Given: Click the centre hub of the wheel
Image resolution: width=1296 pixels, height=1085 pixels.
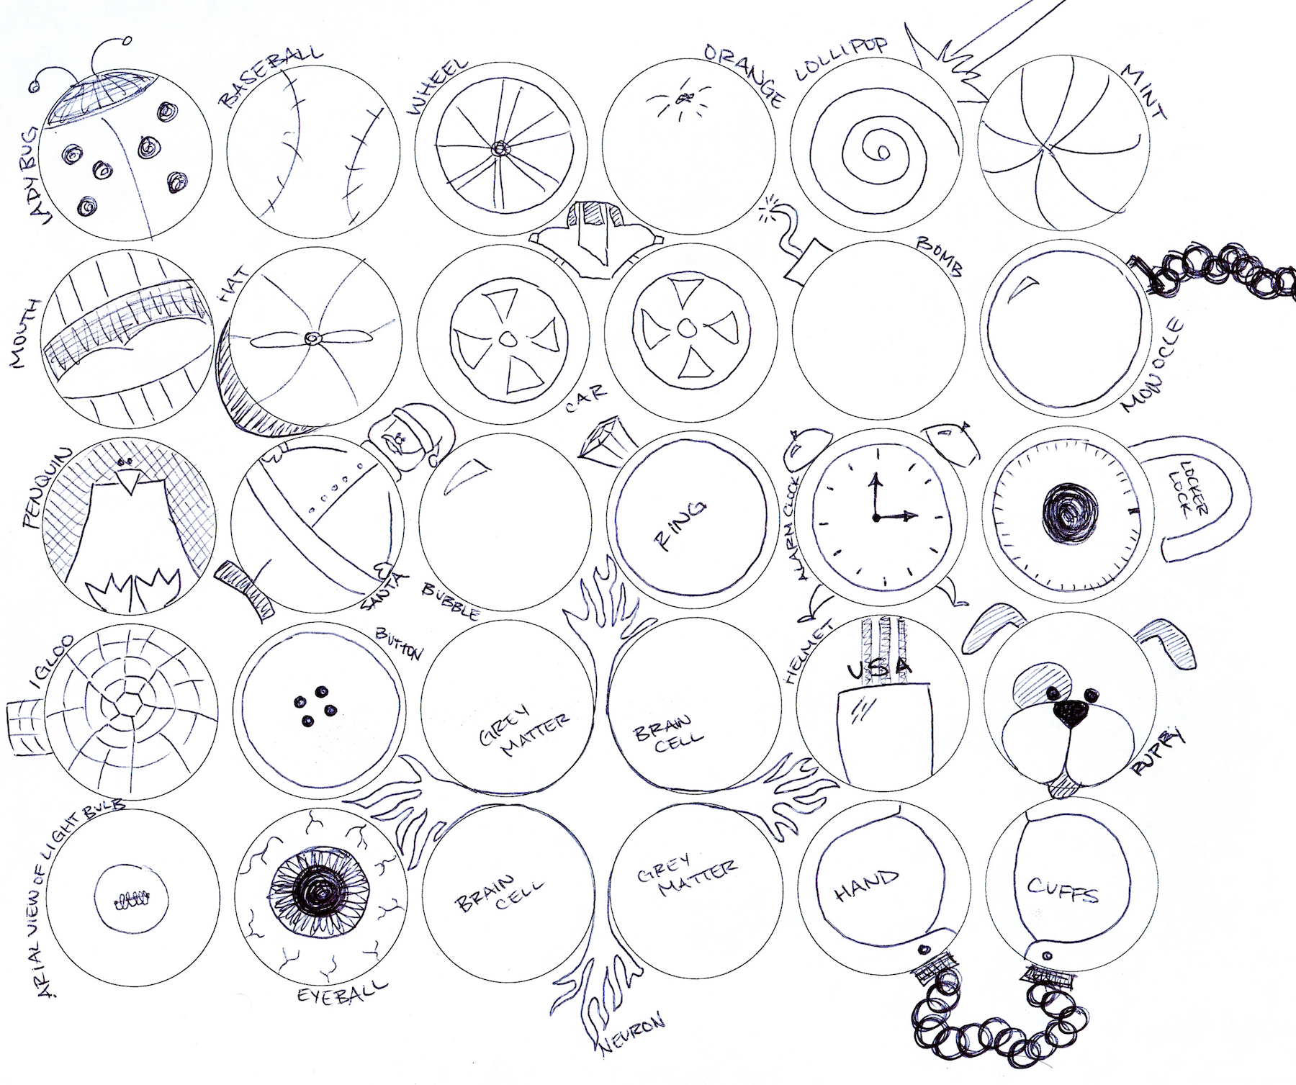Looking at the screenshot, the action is [x=498, y=149].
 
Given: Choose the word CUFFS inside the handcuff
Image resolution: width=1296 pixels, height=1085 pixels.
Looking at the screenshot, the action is [x=1062, y=890].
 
